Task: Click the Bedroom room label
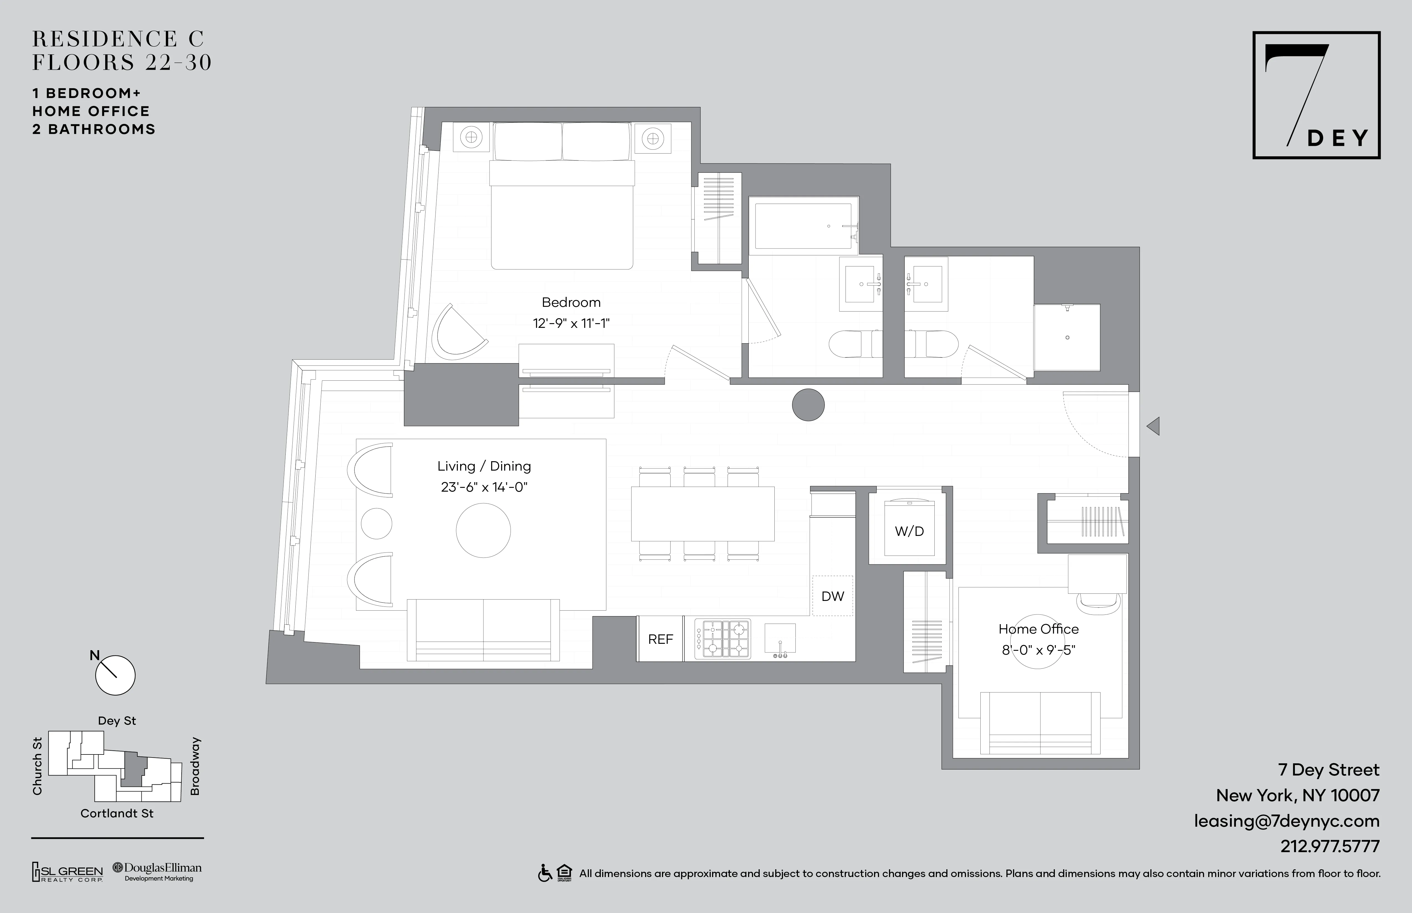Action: tap(571, 302)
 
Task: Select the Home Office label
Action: tap(1038, 629)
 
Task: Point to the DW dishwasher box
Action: tap(832, 596)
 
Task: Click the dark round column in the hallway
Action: tap(808, 405)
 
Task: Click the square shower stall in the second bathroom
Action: tap(1067, 337)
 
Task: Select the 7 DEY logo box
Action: tap(1316, 95)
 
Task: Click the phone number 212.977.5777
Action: tap(1329, 846)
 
